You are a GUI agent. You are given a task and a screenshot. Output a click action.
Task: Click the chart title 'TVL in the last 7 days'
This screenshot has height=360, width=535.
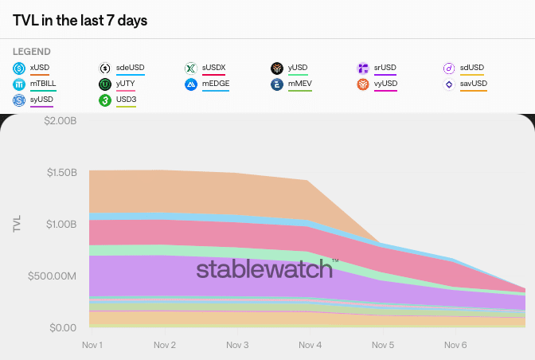click(x=80, y=20)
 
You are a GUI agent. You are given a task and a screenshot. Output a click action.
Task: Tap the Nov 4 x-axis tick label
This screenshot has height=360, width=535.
click(x=310, y=345)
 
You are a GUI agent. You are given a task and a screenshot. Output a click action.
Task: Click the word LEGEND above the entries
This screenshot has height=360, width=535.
click(x=32, y=52)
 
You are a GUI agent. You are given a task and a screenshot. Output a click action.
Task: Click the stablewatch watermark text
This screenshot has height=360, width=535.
click(x=265, y=269)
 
